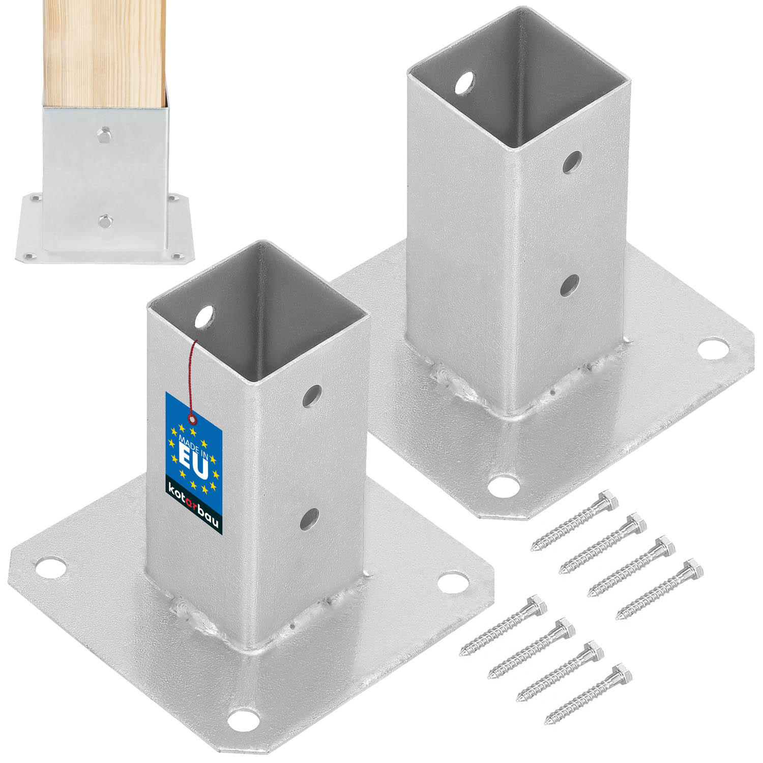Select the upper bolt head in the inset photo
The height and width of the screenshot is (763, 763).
tap(104, 134)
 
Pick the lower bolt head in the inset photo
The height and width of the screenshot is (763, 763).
tap(104, 221)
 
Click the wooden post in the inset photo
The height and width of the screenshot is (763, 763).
tap(104, 51)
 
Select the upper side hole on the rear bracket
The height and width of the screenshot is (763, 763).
tap(573, 162)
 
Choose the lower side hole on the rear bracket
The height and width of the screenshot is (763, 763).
tap(570, 285)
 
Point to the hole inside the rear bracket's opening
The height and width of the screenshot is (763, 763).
tap(465, 83)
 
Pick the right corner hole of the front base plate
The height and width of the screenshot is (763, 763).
tap(453, 582)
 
